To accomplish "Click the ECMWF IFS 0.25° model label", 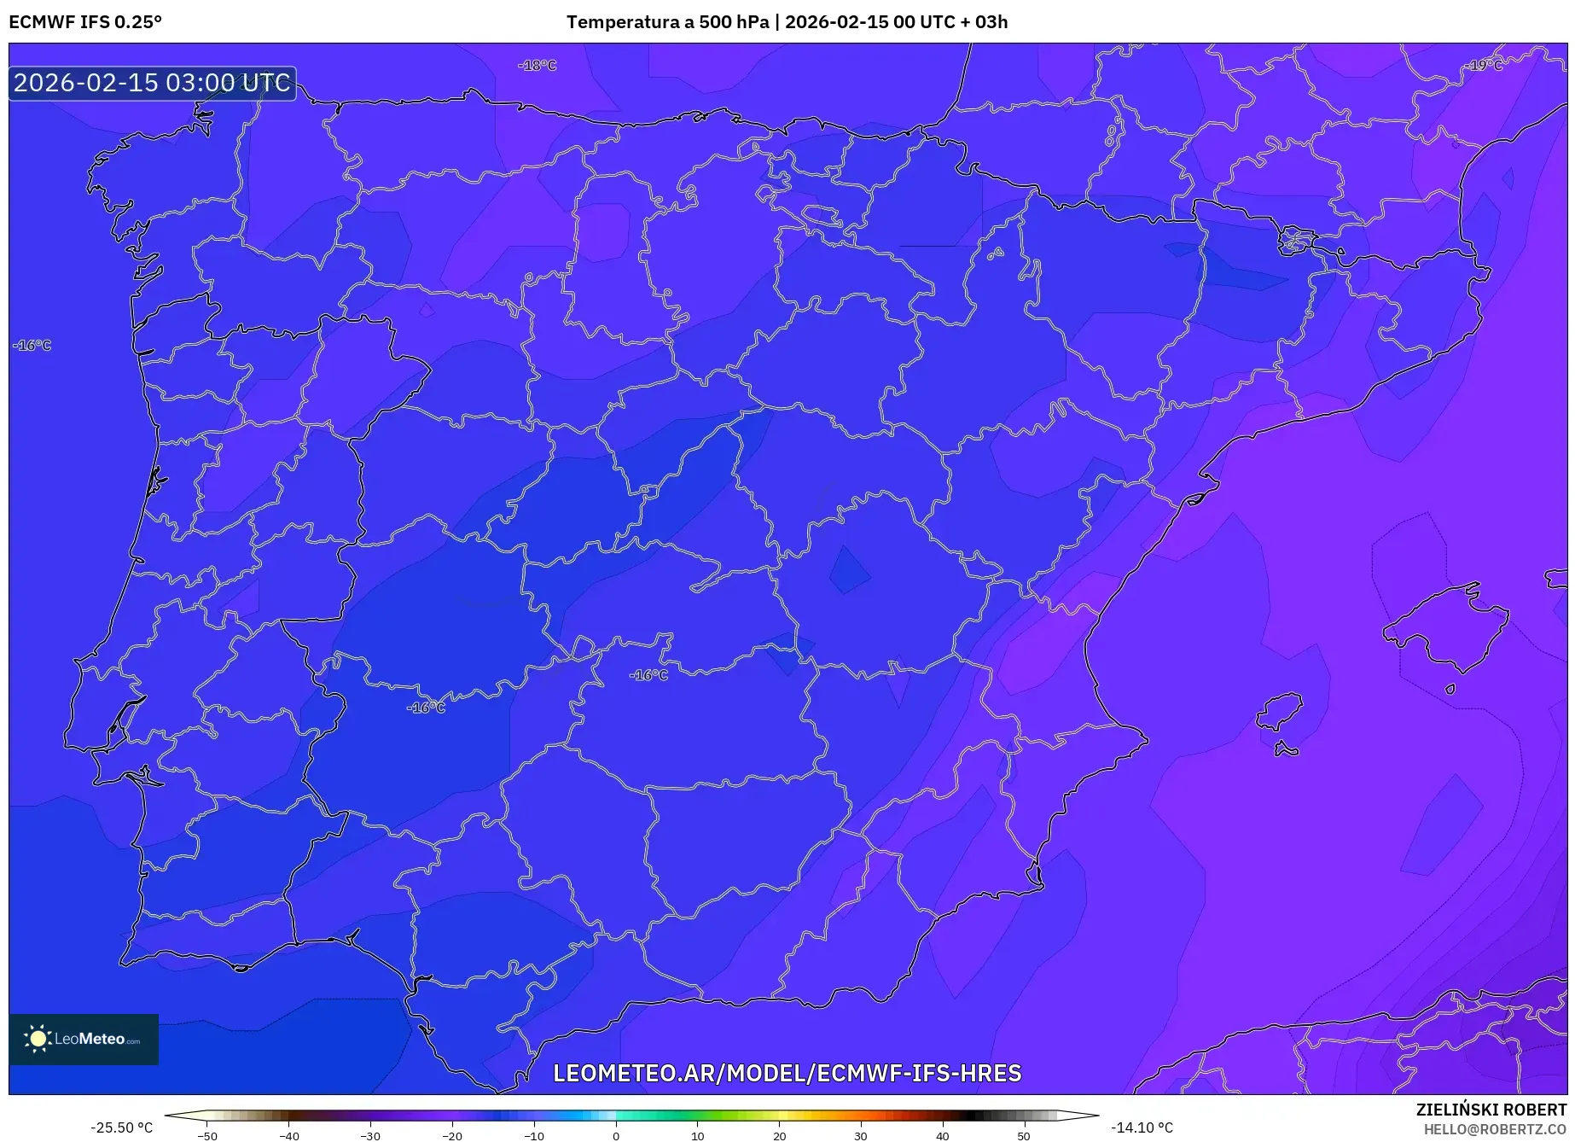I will tap(85, 22).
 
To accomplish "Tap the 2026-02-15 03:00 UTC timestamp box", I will tap(152, 83).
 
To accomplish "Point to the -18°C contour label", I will tap(538, 66).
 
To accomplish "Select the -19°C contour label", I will tap(1485, 66).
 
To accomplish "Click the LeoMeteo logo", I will tap(84, 1039).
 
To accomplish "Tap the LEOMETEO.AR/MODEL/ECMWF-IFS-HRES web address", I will tap(787, 1073).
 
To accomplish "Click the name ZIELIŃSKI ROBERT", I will tap(1491, 1110).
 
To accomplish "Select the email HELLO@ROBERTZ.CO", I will tap(1494, 1129).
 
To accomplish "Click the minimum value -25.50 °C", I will tap(122, 1127).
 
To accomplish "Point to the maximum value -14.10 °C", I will tap(1142, 1127).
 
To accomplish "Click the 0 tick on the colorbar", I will tap(616, 1136).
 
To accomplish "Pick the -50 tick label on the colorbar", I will tap(207, 1136).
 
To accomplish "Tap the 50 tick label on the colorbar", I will tap(1024, 1136).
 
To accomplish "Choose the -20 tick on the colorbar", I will tap(452, 1136).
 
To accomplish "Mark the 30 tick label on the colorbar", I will tap(861, 1136).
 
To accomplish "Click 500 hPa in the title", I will tap(733, 22).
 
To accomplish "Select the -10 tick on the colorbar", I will tap(534, 1136).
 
